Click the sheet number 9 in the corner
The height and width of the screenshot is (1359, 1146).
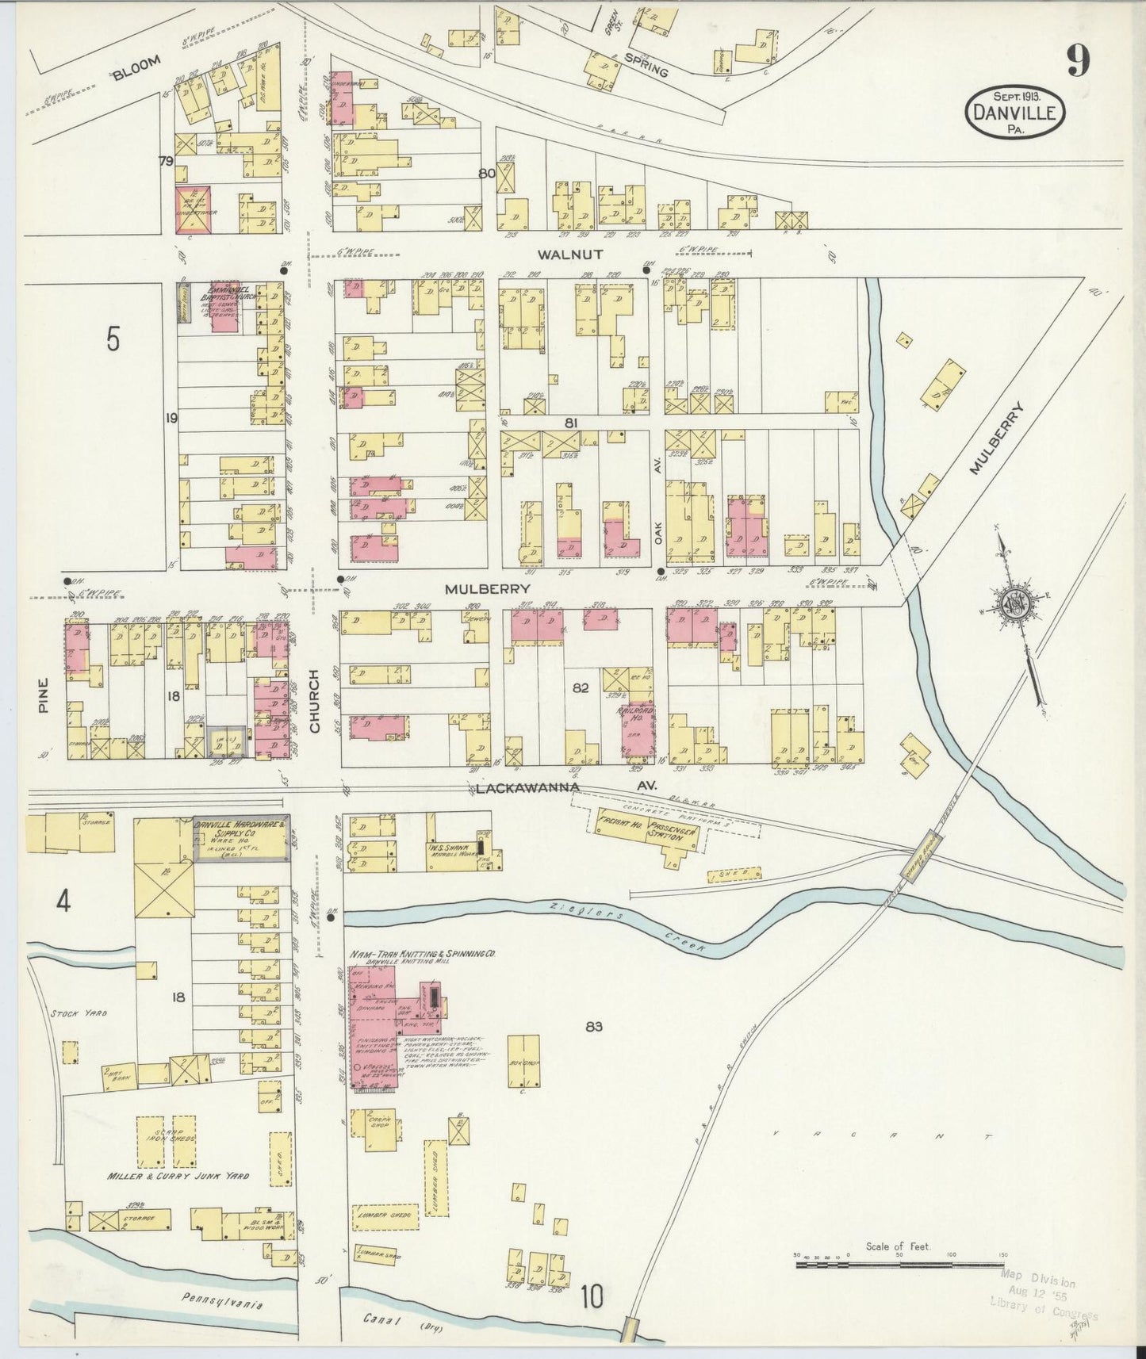coord(1077,60)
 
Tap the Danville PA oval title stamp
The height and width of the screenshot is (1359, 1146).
coord(1014,113)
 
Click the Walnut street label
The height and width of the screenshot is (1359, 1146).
coord(569,255)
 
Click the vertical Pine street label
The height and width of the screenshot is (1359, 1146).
coord(44,695)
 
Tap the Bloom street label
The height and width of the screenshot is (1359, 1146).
coord(136,68)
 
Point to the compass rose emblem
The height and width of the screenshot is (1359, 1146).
coord(1014,603)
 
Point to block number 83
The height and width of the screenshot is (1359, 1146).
coord(594,1027)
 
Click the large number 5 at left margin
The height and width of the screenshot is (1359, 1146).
coord(113,339)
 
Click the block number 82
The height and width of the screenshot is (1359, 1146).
coord(581,688)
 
